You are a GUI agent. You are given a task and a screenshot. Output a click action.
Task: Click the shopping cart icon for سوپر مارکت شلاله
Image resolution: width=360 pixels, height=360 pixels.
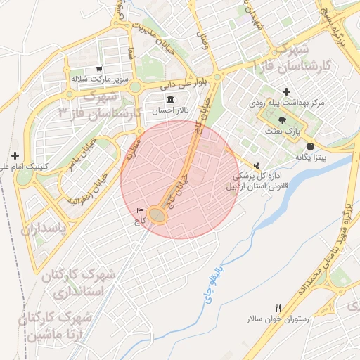[100, 69]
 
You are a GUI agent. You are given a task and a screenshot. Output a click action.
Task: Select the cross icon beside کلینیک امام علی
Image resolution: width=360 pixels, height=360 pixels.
[15, 155]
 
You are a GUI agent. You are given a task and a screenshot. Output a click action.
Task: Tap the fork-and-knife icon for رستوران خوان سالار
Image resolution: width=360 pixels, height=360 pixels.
[278, 309]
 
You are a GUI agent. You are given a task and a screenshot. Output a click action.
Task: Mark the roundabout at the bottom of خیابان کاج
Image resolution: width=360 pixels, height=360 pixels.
[157, 215]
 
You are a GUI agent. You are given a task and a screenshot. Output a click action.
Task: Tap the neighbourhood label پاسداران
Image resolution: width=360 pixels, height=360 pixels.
[42, 230]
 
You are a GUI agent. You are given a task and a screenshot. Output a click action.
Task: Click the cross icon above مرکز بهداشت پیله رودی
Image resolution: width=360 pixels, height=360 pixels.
[285, 92]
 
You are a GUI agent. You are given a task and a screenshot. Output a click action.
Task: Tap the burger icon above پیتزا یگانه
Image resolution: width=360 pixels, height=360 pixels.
[310, 146]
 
